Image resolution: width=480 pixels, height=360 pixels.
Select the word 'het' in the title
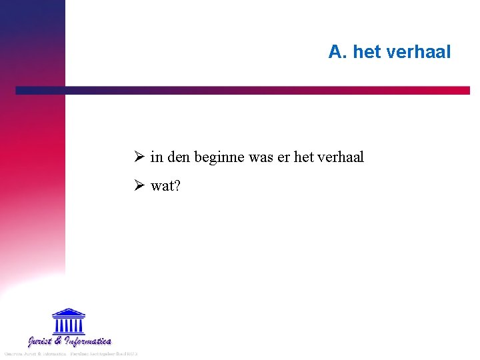tap(367, 51)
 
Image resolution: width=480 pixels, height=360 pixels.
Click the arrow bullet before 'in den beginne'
tap(139, 157)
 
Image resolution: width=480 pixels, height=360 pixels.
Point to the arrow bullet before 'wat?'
tap(139, 186)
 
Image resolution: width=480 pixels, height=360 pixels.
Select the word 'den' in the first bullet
tap(178, 157)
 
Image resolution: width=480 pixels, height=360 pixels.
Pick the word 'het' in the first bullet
tap(303, 157)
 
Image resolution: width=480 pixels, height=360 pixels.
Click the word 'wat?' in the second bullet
tap(165, 186)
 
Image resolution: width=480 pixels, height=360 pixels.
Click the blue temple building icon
tap(68, 321)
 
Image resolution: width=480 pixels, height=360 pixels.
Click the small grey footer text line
tap(69, 353)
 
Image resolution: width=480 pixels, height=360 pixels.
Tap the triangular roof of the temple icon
tap(68, 312)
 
